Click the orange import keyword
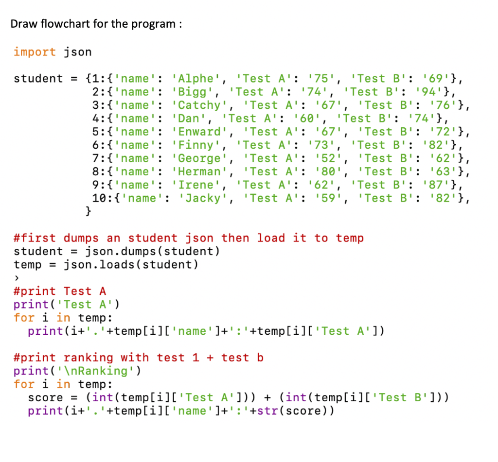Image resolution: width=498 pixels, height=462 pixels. point(35,52)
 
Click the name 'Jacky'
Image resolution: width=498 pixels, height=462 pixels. point(204,198)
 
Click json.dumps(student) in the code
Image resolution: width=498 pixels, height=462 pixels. point(153,251)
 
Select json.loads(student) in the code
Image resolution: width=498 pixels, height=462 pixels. point(131,265)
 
